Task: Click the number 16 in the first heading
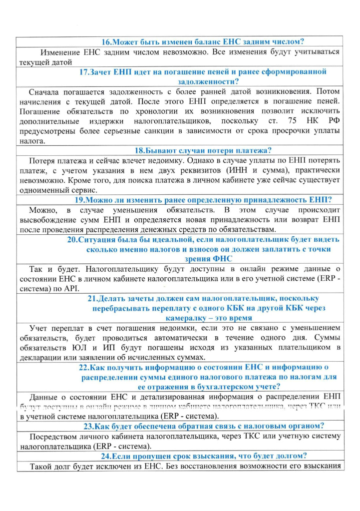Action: coord(106,42)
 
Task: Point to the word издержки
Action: coord(106,121)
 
